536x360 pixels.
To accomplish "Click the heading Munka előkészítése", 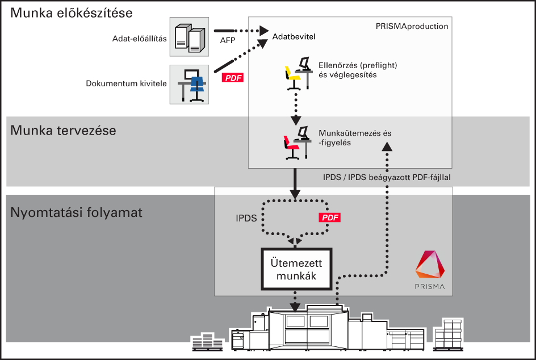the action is pos(72,13).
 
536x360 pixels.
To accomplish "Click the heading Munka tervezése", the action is pos(63,131).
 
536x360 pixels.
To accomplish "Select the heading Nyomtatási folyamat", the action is pos(76,212).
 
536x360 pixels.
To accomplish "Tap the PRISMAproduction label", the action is pos(412,26).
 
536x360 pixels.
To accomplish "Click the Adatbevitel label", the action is pos(294,36).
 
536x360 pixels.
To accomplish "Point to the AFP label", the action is pos(228,40).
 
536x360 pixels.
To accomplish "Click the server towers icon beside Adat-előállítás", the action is pos(190,37).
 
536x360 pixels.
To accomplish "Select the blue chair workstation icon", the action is pos(190,85).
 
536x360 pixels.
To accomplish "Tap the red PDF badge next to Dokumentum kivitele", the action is pos(233,78).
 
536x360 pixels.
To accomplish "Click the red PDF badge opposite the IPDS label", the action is pos(329,217).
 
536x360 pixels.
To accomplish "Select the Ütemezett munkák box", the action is pos(296,269).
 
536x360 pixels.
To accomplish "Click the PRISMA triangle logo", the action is pos(430,264).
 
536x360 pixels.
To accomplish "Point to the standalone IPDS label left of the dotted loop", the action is pos(246,218).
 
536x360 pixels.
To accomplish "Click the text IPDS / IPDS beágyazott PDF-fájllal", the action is pos(387,177).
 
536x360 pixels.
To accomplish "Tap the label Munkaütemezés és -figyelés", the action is pos(355,138).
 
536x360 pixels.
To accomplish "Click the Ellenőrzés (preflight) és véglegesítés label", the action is pos(358,70).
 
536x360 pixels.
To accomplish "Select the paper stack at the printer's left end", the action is pos(207,342).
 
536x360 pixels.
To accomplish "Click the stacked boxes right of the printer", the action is pos(448,334).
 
